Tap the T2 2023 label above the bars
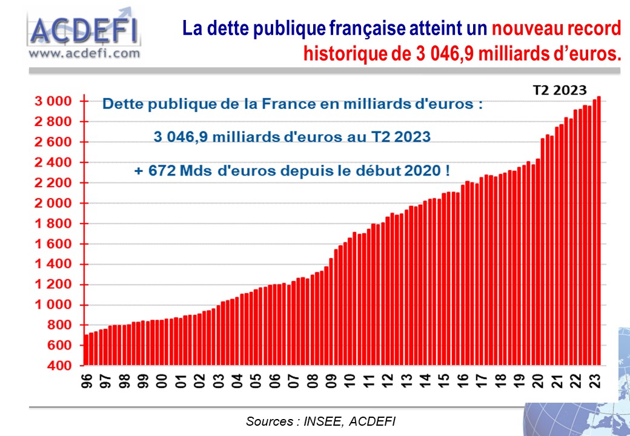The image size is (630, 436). (x=559, y=90)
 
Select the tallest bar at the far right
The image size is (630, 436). (x=598, y=230)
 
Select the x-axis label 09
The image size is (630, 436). (x=330, y=381)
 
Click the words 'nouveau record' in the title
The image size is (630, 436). (x=557, y=28)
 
